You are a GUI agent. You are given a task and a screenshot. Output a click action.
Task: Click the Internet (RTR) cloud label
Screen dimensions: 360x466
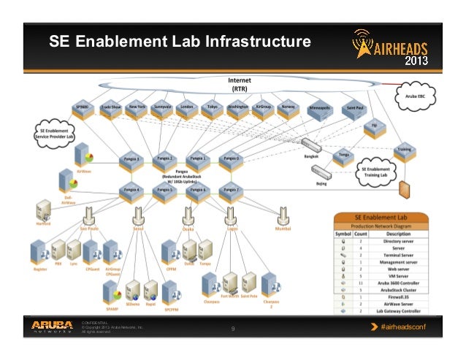[x=239, y=83]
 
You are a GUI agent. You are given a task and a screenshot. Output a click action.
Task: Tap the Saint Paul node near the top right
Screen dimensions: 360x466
[x=354, y=110]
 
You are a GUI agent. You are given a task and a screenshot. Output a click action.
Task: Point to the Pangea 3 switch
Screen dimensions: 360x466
[x=131, y=160]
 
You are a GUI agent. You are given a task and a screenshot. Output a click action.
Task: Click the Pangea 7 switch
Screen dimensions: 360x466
[x=232, y=191]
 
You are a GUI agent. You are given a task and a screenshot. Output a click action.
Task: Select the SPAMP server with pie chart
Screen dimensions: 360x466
[x=112, y=296]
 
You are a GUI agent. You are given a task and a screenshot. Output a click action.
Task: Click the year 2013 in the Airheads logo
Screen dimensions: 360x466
[x=416, y=59]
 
